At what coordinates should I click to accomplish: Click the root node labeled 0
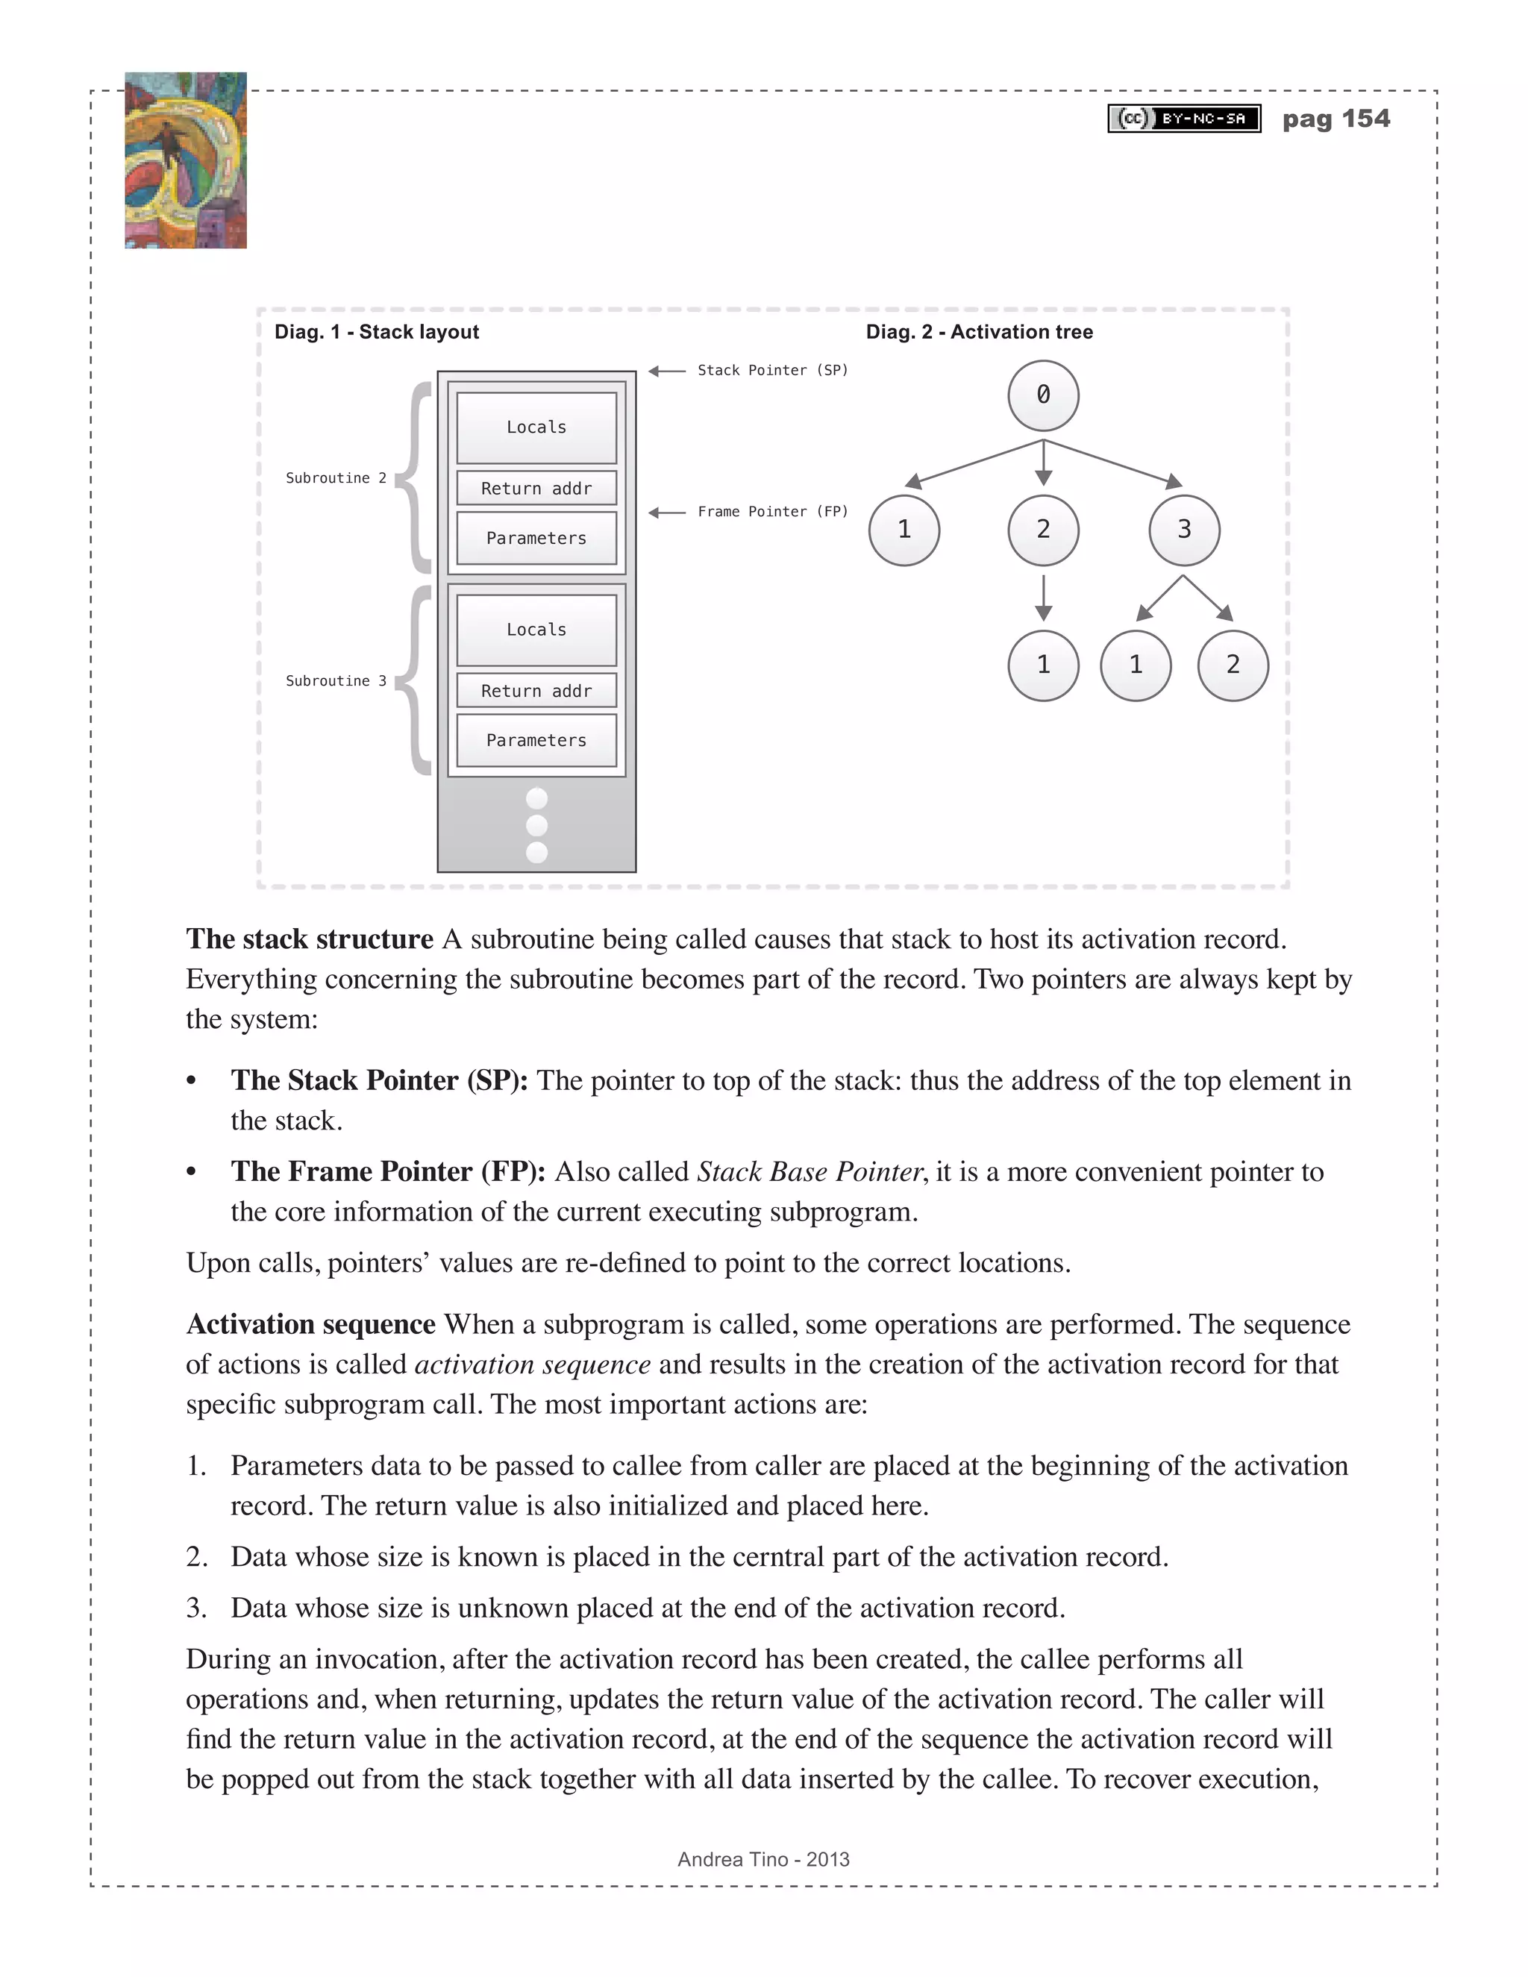(x=1043, y=395)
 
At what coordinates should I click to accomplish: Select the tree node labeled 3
(x=1184, y=530)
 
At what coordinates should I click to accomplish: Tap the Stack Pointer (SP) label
(x=772, y=370)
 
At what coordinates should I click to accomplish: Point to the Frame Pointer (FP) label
(x=772, y=513)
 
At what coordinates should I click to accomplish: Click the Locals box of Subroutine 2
(x=536, y=427)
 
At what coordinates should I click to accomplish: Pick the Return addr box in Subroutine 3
(x=536, y=691)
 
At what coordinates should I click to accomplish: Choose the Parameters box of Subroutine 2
(x=536, y=539)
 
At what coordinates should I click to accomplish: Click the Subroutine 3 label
(x=336, y=680)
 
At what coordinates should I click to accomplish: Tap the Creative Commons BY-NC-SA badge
(x=1184, y=119)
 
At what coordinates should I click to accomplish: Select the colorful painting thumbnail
(x=186, y=160)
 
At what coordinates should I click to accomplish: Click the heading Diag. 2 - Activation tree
(x=979, y=332)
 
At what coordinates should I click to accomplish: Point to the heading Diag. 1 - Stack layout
(x=377, y=332)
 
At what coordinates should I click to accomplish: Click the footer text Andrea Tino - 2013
(x=763, y=1859)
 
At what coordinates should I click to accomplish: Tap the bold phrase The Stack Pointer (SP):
(x=379, y=1081)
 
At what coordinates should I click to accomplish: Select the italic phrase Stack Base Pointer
(x=810, y=1172)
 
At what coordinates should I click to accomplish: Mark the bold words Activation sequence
(x=310, y=1324)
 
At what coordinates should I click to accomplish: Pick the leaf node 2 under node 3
(x=1232, y=665)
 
